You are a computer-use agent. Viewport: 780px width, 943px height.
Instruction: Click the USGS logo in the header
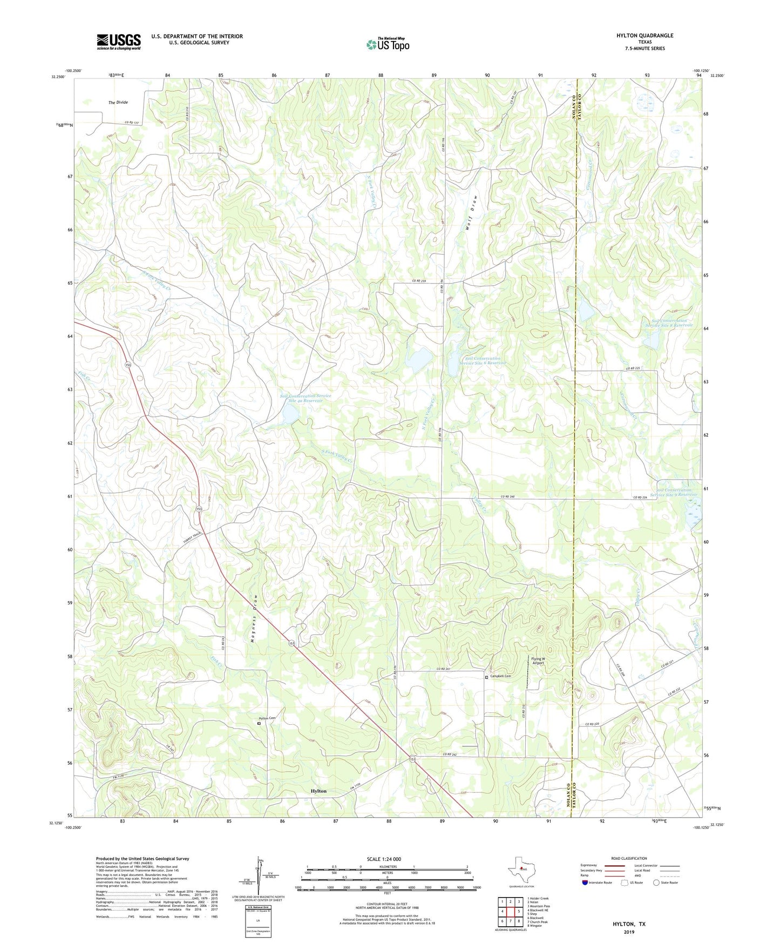[x=119, y=42]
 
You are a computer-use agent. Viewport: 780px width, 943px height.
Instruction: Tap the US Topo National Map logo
[x=388, y=44]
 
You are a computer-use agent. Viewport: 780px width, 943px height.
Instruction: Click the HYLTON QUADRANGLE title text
[x=645, y=36]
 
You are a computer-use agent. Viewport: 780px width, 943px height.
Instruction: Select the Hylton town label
[x=318, y=791]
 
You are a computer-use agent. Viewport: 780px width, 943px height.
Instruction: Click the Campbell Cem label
[x=500, y=676]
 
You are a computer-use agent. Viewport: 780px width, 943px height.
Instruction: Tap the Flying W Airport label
[x=538, y=661]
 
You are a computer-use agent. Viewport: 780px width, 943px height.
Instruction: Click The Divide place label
[x=118, y=102]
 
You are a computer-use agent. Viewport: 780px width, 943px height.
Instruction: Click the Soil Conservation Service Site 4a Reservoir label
[x=306, y=398]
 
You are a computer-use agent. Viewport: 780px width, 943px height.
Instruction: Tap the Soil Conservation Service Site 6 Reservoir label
[x=483, y=360]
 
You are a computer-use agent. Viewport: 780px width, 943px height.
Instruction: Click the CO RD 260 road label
[x=508, y=496]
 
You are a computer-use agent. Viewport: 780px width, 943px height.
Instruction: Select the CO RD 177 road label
[x=132, y=123]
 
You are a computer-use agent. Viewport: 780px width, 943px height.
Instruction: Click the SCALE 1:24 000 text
[x=383, y=859]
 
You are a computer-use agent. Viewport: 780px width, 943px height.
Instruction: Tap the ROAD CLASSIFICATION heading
[x=628, y=858]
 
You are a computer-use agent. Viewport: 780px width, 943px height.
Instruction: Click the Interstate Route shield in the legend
[x=585, y=883]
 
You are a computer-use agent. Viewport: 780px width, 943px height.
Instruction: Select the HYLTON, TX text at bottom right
[x=628, y=924]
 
